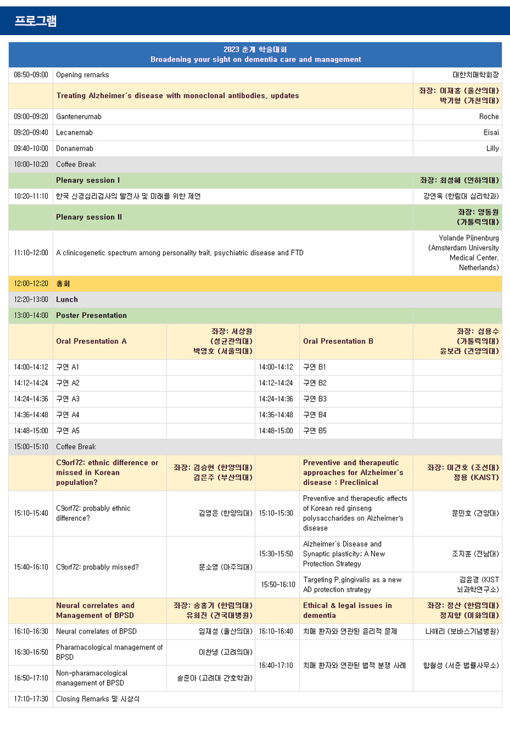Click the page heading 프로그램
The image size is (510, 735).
click(36, 21)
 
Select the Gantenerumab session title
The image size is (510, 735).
click(78, 117)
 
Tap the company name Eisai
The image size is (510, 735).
click(491, 133)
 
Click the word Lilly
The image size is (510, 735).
click(492, 149)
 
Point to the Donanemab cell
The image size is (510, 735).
click(75, 149)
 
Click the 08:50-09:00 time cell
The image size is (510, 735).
click(31, 75)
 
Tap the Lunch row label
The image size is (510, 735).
click(67, 300)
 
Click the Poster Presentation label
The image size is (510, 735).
click(91, 316)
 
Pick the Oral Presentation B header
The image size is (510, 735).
click(339, 341)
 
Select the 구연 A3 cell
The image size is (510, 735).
click(68, 399)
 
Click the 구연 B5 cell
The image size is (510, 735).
click(315, 431)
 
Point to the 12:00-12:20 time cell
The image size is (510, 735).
click(31, 284)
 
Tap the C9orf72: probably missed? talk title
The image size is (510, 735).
click(98, 567)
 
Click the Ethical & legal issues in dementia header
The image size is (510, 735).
click(347, 611)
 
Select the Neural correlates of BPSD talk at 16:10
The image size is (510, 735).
click(96, 632)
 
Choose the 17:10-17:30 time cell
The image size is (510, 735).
click(31, 699)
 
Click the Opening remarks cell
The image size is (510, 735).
click(82, 75)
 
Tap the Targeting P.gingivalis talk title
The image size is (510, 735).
click(353, 584)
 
